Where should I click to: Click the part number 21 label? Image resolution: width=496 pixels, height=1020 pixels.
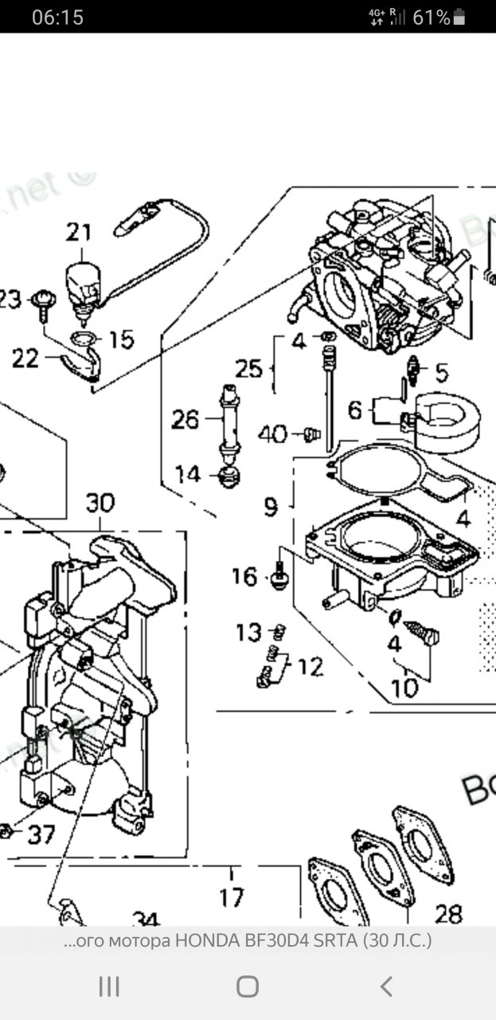[x=79, y=233]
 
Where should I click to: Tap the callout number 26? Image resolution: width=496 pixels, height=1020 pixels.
[x=186, y=419]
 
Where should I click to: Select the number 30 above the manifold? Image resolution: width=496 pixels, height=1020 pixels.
[x=100, y=504]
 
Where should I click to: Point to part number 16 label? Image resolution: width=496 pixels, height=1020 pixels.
[x=245, y=575]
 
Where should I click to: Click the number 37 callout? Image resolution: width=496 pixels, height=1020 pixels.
[x=41, y=834]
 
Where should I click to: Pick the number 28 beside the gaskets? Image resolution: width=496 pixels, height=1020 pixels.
[x=449, y=913]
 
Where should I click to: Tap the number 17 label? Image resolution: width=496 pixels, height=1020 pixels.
[x=232, y=898]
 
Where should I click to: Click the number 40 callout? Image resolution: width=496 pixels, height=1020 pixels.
[x=272, y=435]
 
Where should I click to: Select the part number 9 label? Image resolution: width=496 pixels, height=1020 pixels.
[x=271, y=507]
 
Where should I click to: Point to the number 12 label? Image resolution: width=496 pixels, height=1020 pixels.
[x=310, y=666]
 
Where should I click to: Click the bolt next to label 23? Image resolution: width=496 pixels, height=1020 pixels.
[x=43, y=304]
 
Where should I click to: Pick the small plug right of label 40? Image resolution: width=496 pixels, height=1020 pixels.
[x=312, y=433]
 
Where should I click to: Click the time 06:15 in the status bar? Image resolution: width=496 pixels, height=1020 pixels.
[x=57, y=18]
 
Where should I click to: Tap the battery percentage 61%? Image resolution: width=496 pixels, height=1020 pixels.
[x=432, y=18]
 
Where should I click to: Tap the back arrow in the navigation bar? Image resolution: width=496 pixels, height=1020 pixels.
[x=386, y=987]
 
